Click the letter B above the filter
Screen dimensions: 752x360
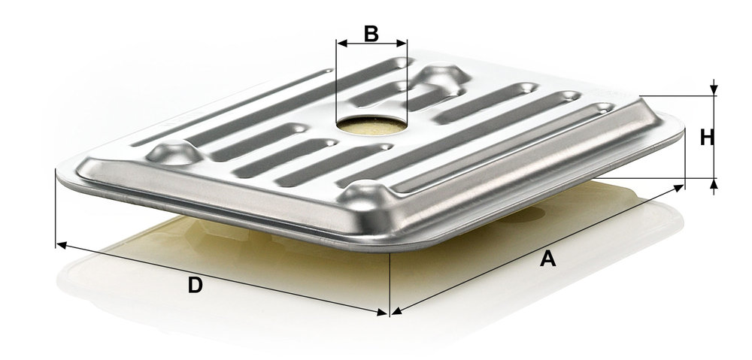(x=371, y=34)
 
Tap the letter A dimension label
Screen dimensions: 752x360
(x=547, y=259)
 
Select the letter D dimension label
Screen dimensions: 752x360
(x=196, y=286)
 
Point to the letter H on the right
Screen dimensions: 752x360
(x=707, y=138)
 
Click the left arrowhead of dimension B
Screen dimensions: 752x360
(x=341, y=43)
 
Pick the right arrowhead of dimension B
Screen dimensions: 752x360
(x=402, y=43)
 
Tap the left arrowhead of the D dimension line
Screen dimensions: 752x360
(x=61, y=246)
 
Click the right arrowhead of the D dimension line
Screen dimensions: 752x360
(x=382, y=313)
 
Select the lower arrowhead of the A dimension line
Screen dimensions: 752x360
(x=396, y=312)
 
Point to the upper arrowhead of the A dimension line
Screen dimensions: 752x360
(x=679, y=188)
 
